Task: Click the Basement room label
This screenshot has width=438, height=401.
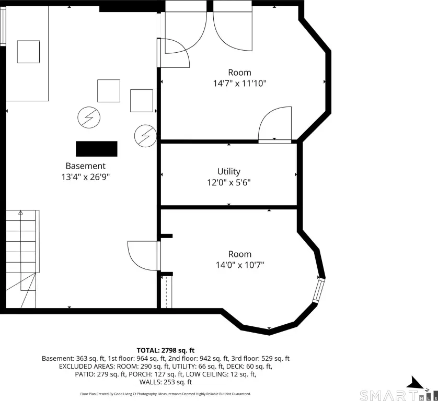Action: (86, 166)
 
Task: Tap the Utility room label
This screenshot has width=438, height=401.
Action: (229, 171)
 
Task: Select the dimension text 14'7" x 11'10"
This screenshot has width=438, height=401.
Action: (240, 83)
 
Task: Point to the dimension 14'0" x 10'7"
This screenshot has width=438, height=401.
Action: (240, 265)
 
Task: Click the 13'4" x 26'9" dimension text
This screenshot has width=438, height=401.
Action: (86, 177)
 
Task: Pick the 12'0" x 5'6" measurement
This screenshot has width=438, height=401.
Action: (229, 183)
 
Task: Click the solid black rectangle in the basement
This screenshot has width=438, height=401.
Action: (97, 149)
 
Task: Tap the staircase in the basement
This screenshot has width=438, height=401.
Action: (22, 259)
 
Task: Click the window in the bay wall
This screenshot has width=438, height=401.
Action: (318, 290)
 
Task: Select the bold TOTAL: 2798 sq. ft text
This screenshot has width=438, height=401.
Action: (165, 350)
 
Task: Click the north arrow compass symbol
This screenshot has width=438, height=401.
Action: (416, 383)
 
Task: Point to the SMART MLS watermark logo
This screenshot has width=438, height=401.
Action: (398, 395)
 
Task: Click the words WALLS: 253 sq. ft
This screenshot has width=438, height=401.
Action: (166, 382)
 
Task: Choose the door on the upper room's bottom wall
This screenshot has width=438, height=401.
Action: (275, 125)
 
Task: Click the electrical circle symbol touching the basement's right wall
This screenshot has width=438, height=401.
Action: (145, 136)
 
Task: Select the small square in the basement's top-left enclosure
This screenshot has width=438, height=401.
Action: (28, 52)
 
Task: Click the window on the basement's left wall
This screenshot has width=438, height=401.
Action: (3, 26)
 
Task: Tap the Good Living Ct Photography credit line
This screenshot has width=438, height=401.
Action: (165, 394)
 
